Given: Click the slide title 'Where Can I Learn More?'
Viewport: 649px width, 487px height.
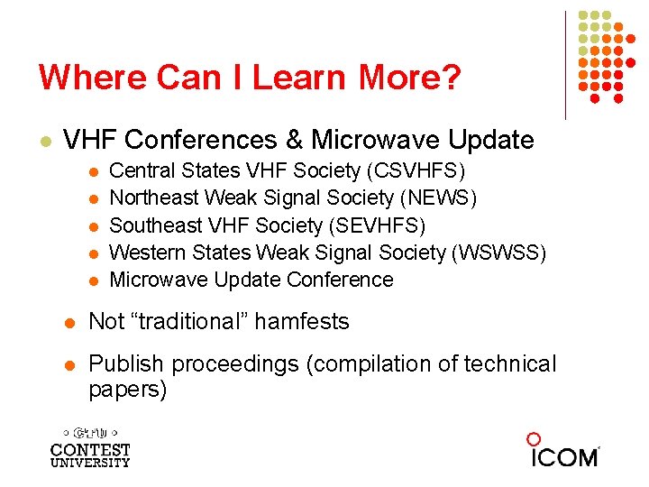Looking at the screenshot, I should point(250,78).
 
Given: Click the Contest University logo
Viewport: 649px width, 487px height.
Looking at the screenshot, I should point(90,446).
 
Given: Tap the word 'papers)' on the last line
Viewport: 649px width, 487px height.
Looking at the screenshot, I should point(127,390).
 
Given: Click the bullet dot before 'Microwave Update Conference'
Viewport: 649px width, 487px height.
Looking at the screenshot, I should point(93,280).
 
